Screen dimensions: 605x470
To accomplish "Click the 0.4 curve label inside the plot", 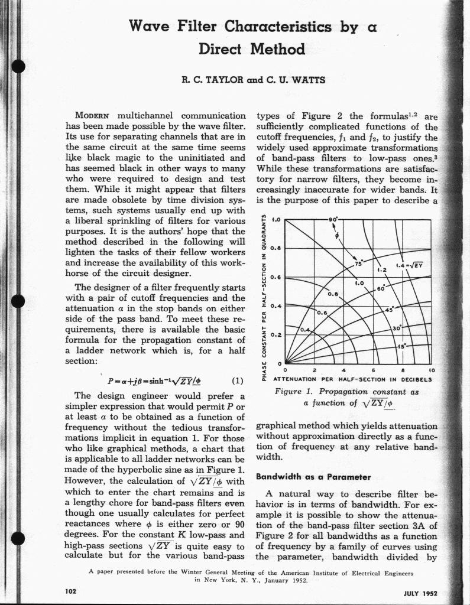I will pyautogui.click(x=306, y=329).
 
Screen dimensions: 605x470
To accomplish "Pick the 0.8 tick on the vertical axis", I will pyautogui.click(x=274, y=248).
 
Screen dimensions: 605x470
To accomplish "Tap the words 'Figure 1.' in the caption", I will pyautogui.click(x=295, y=392).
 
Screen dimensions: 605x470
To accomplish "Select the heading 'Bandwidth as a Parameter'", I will pyautogui.click(x=313, y=476).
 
